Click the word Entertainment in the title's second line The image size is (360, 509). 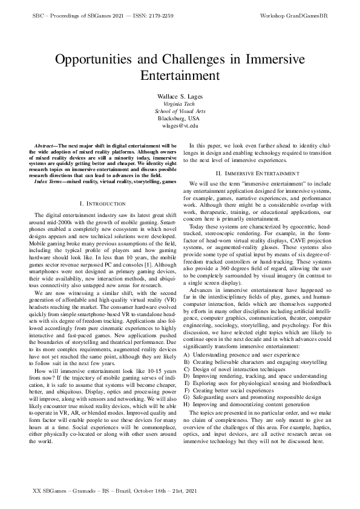tap(180, 76)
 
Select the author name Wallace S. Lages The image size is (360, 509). tap(180, 97)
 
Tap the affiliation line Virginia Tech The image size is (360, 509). tap(180, 104)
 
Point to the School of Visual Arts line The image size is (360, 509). tap(180, 111)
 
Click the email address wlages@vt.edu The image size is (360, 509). tap(180, 126)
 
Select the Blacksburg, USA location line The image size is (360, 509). tap(180, 118)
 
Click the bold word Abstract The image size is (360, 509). tap(45, 146)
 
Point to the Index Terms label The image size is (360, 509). tap(50, 181)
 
